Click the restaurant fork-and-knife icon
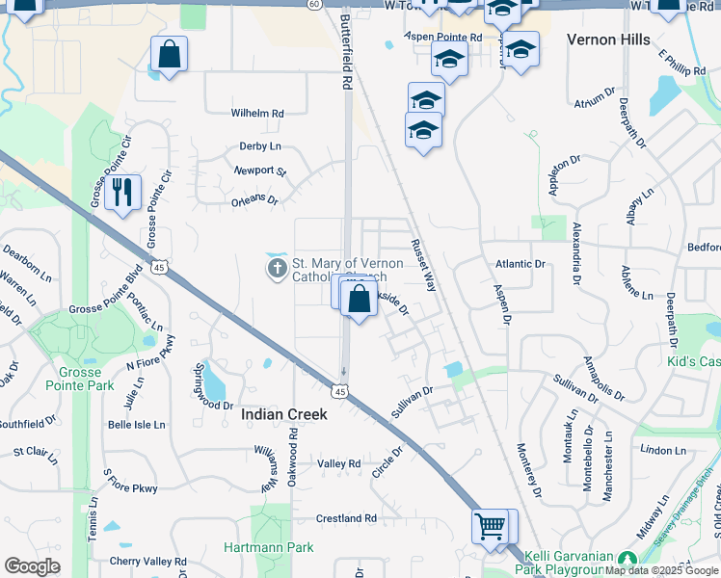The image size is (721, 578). [x=121, y=191]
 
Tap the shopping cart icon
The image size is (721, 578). [x=490, y=527]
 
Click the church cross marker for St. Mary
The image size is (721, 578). [x=277, y=268]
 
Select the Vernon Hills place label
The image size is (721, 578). [x=608, y=39]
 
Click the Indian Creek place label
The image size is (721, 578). [x=284, y=414]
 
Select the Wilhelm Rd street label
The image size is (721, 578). [x=257, y=113]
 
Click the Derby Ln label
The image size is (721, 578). [x=260, y=146]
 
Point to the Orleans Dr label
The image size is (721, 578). [x=254, y=201]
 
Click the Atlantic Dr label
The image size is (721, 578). [x=521, y=263]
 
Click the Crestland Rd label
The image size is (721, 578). [x=345, y=518]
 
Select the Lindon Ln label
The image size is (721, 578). [x=662, y=450]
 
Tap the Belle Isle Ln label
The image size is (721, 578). [x=137, y=424]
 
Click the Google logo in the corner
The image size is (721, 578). [x=32, y=566]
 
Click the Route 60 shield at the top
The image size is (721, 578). [x=314, y=4]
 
